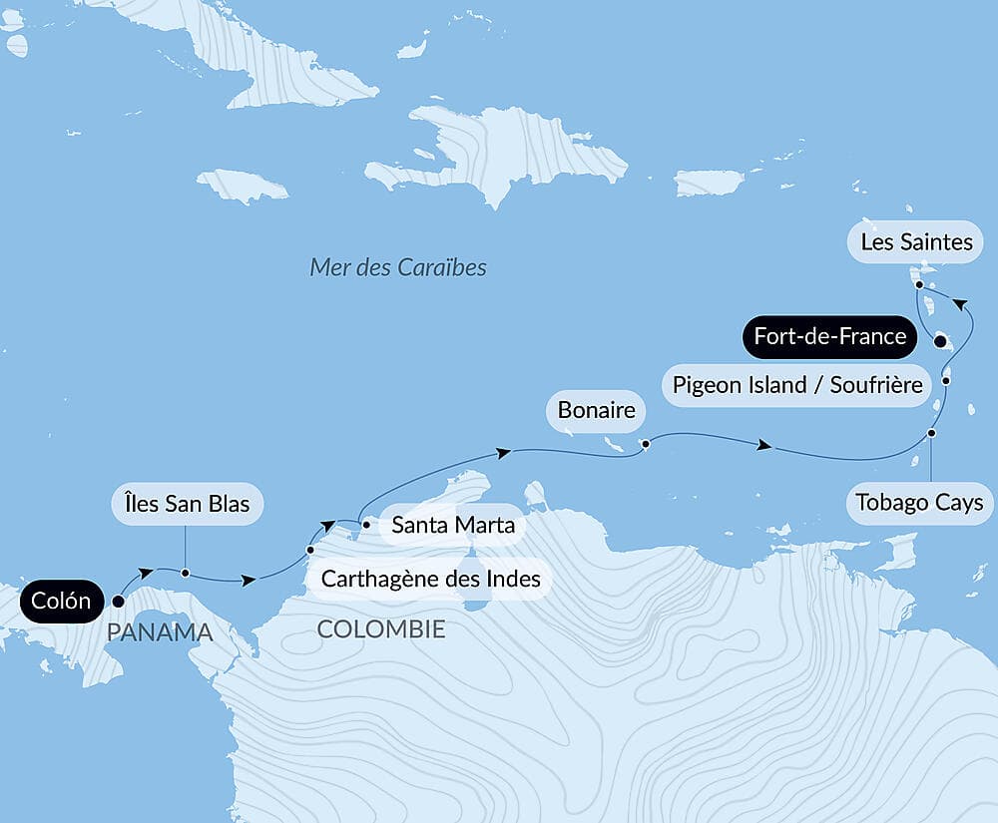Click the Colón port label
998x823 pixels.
pos(61,601)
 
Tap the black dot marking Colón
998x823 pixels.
pos(118,602)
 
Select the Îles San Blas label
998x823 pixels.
pos(187,504)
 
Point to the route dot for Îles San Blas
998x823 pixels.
pos(185,573)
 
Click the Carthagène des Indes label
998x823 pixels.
pos(430,578)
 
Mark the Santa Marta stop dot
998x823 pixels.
pos(366,523)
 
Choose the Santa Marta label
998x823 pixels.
pos(453,525)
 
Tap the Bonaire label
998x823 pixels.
pos(596,410)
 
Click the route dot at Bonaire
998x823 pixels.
pos(646,443)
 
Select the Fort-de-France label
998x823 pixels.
pos(829,336)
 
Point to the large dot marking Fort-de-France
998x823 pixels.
pos(939,341)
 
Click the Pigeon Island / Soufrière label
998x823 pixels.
pos(796,384)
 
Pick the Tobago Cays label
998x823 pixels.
pos(919,502)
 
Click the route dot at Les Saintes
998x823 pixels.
pos(918,284)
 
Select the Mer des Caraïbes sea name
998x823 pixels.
pos(398,267)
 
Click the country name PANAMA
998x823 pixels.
pos(160,631)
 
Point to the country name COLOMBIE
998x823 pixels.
pos(380,629)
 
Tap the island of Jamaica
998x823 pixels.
pos(242,186)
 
